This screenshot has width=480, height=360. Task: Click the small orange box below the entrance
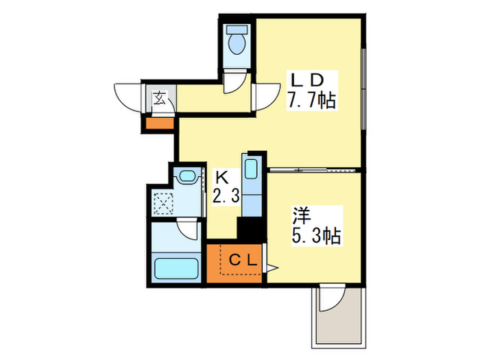pyautogui.click(x=158, y=124)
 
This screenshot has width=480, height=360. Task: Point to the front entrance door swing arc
pyautogui.click(x=127, y=99)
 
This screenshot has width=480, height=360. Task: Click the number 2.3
pyautogui.click(x=226, y=197)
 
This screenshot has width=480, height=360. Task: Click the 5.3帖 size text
pyautogui.click(x=314, y=237)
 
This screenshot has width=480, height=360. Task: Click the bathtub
pyautogui.click(x=176, y=267)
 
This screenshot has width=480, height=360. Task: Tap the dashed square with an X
pyautogui.click(x=165, y=202)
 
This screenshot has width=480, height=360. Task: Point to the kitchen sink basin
pyautogui.click(x=250, y=168)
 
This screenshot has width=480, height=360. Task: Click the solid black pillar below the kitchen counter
pyautogui.click(x=250, y=228)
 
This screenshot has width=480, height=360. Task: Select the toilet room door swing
pyautogui.click(x=235, y=82)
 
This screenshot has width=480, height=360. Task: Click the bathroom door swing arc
pyautogui.click(x=187, y=229)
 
